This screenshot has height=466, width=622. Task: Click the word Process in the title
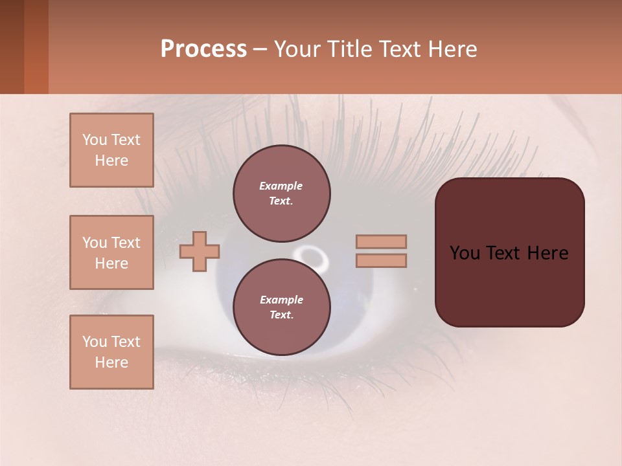coord(203,49)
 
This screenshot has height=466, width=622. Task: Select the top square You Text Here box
coord(111,150)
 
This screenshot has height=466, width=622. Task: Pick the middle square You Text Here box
coord(111,252)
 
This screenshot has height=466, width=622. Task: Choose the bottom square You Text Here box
coord(111,352)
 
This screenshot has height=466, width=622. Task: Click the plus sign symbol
coord(200,251)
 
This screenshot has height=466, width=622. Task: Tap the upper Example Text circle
coord(282,194)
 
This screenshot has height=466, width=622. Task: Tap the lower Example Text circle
coord(282,307)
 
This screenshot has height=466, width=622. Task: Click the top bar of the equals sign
coord(381,241)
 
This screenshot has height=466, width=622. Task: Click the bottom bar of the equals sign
coord(381,260)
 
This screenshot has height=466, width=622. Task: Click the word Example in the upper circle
coord(281,186)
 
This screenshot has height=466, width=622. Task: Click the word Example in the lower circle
coord(281,300)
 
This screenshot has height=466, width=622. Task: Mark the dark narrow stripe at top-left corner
coord(12,47)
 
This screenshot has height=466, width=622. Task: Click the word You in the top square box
coord(94,140)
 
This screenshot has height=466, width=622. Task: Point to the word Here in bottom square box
coord(111,362)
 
